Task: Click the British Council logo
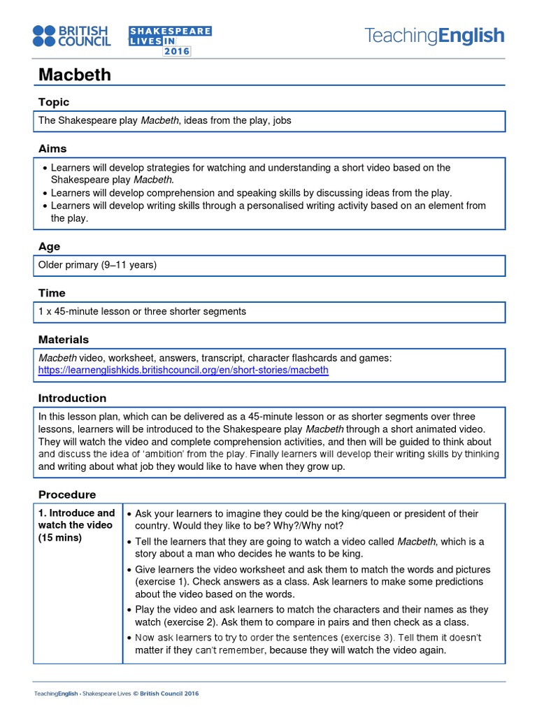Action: (71, 36)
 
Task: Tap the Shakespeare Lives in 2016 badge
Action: (170, 41)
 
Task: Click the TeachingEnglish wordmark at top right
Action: (434, 36)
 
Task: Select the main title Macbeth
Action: (74, 75)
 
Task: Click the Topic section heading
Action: (54, 102)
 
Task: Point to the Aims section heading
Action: (52, 149)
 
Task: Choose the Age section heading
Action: (49, 247)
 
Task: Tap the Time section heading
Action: (52, 293)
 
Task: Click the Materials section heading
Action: (64, 340)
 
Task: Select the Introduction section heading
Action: (72, 399)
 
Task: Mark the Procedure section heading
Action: (66, 495)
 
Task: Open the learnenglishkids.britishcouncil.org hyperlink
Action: (183, 370)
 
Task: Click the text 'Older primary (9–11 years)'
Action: (98, 265)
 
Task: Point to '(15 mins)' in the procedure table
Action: (60, 538)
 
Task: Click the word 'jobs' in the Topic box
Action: (282, 120)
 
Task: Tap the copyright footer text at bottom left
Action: (116, 694)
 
